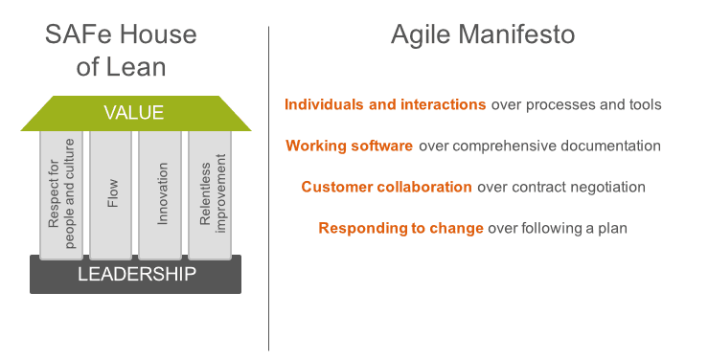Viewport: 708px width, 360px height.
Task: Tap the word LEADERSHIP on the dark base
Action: pyautogui.click(x=136, y=275)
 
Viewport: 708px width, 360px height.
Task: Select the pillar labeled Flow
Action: pyautogui.click(x=111, y=194)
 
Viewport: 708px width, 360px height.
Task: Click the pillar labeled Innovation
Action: pyautogui.click(x=161, y=194)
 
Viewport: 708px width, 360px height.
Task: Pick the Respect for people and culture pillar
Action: pyautogui.click(x=61, y=194)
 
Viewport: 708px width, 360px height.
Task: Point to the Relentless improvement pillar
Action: pyautogui.click(x=211, y=194)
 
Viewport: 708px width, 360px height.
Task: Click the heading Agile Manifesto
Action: pyautogui.click(x=483, y=35)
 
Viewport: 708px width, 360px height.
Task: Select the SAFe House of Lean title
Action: pyautogui.click(x=121, y=51)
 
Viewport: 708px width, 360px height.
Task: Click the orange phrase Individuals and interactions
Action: pyautogui.click(x=385, y=104)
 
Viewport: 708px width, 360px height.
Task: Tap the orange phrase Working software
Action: pyautogui.click(x=349, y=146)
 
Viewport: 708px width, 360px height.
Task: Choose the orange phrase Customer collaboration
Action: pyautogui.click(x=386, y=187)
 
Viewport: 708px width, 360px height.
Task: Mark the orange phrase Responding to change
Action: pyautogui.click(x=400, y=228)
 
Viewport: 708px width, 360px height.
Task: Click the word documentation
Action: pyautogui.click(x=613, y=146)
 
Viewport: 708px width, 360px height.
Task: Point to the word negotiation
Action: pyautogui.click(x=609, y=187)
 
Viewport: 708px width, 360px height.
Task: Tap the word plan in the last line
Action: pyautogui.click(x=612, y=229)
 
